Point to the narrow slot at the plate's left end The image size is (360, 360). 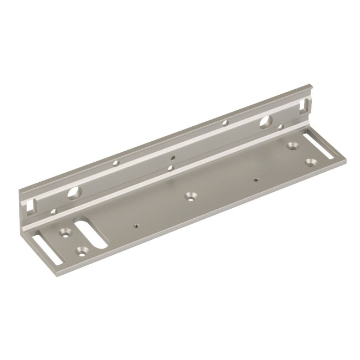tap(43, 250)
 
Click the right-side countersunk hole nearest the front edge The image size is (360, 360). tap(311, 162)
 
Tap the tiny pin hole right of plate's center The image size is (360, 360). tap(255, 179)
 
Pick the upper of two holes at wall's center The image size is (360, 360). tap(173, 157)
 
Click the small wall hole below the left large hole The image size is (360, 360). tap(54, 212)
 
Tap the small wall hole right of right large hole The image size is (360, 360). tap(281, 127)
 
